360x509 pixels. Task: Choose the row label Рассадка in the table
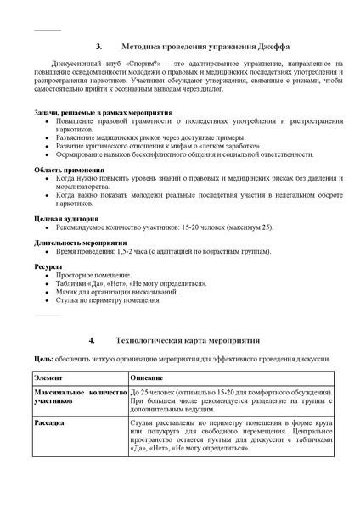[50, 420]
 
